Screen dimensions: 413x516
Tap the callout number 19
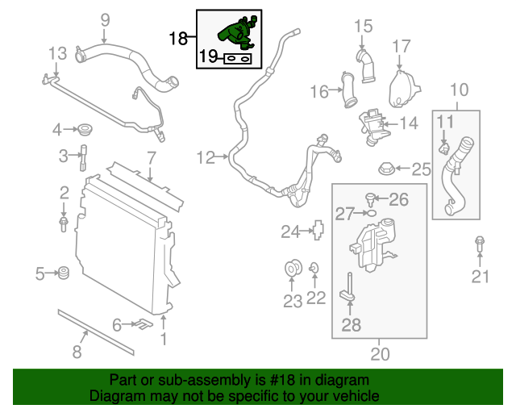click(x=208, y=56)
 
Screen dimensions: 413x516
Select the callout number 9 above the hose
click(x=103, y=19)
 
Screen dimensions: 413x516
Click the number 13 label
click(x=56, y=54)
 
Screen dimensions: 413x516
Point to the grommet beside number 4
click(x=83, y=129)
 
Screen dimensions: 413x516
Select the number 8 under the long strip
click(x=77, y=351)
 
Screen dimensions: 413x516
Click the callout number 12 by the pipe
click(x=206, y=156)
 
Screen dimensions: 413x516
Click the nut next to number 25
click(x=386, y=169)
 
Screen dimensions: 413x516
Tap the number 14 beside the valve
click(x=409, y=123)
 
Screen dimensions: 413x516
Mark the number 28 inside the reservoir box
click(x=352, y=325)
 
